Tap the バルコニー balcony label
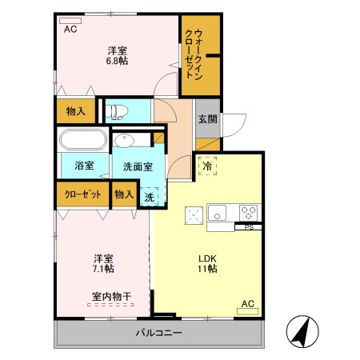pos(158,333)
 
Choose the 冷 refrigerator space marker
pos(207,168)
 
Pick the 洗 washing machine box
pos(149,197)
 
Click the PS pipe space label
pos(248,227)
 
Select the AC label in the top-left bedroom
pos(70,29)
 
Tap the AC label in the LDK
pos(248,303)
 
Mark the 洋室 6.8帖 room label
pos(118,57)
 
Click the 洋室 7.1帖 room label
pos(102,263)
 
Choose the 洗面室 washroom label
pos(138,166)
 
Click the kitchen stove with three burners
pos(249,213)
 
